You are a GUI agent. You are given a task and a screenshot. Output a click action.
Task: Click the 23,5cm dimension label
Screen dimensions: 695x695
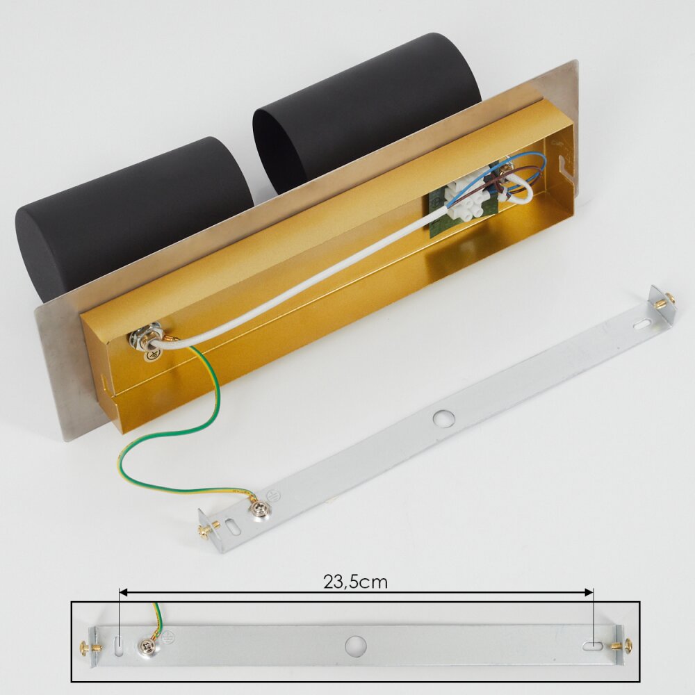(x=355, y=582)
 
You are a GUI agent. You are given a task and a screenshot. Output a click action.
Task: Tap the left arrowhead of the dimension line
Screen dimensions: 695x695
(x=123, y=592)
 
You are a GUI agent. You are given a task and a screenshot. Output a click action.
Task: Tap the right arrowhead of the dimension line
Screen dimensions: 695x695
(x=589, y=592)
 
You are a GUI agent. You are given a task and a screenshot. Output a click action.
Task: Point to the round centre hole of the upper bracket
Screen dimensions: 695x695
(x=443, y=418)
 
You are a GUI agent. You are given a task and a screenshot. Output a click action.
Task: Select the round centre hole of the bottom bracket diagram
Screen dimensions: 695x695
(x=355, y=646)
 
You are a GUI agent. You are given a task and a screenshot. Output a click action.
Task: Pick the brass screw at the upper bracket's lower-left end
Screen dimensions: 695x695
(x=208, y=529)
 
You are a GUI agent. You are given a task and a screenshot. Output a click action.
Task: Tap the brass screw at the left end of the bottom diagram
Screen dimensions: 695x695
(x=90, y=647)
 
